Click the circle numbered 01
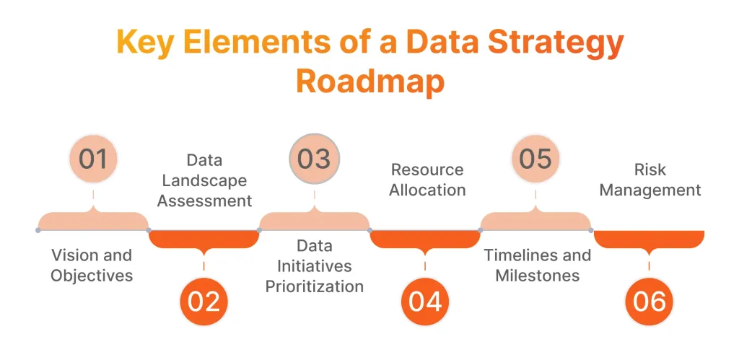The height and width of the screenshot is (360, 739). (92, 158)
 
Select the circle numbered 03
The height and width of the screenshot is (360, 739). (314, 158)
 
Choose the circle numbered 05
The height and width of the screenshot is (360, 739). (535, 158)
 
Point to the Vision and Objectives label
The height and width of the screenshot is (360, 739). (92, 265)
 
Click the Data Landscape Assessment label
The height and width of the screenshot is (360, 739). (204, 180)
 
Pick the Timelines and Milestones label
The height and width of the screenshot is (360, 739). (537, 265)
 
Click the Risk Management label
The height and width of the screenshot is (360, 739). (650, 180)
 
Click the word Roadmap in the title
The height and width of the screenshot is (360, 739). (369, 82)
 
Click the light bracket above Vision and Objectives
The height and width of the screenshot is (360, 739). (93, 220)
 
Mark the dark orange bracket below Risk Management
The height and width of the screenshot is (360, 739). (649, 240)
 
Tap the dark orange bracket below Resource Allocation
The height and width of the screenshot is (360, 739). (425, 240)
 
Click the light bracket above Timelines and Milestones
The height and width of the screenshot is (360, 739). (535, 220)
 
